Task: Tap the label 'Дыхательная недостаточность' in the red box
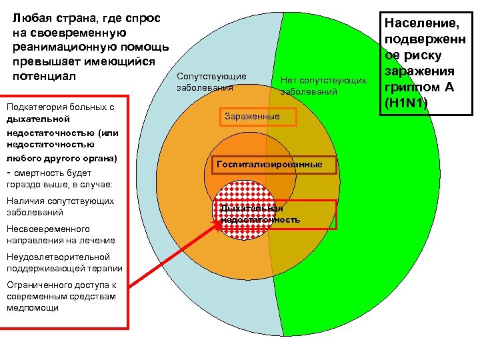(x=261, y=214)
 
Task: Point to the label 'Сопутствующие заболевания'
(x=211, y=81)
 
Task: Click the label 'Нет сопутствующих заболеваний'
(x=323, y=85)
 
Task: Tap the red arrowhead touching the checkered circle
(x=217, y=225)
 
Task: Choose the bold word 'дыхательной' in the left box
(x=37, y=119)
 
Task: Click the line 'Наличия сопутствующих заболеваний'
(x=59, y=207)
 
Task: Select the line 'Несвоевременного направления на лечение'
(x=61, y=235)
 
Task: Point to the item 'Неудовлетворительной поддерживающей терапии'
(x=64, y=263)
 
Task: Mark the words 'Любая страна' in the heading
(x=49, y=18)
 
